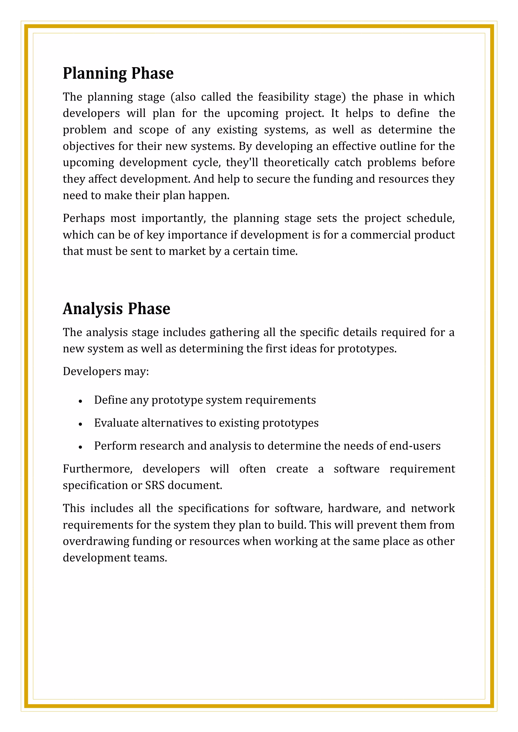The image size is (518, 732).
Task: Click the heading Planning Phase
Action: pos(118,73)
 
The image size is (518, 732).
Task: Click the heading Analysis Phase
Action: pos(116,309)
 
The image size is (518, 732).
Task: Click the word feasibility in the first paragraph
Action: pos(283,97)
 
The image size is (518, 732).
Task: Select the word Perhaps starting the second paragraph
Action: pos(83,218)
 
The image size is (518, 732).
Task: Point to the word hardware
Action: pos(354,508)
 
